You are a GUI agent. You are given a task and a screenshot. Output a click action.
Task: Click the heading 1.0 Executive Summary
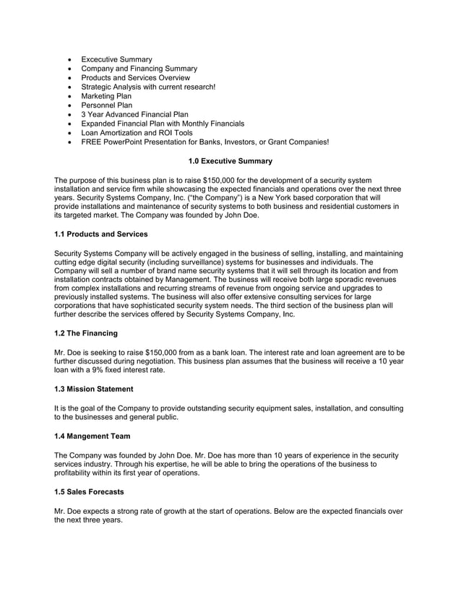[x=230, y=160]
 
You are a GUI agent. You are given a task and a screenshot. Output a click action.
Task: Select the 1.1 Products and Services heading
[x=101, y=235]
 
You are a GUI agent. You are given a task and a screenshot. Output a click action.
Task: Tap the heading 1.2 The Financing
[x=87, y=333]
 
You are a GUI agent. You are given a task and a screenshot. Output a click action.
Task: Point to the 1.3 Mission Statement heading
[x=94, y=390]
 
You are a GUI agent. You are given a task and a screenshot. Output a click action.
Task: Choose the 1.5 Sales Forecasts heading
[x=90, y=492]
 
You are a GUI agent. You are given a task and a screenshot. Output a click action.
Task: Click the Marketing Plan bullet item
[x=106, y=96]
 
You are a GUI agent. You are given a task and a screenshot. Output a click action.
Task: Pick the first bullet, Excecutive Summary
[x=116, y=59]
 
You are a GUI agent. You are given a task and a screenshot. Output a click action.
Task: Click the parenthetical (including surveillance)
[x=194, y=263]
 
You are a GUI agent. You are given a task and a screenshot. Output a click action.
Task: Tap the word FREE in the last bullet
[x=92, y=142]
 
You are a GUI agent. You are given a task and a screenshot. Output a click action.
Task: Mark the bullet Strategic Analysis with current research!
[x=148, y=87]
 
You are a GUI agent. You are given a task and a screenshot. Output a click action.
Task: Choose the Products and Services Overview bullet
[x=135, y=78]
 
